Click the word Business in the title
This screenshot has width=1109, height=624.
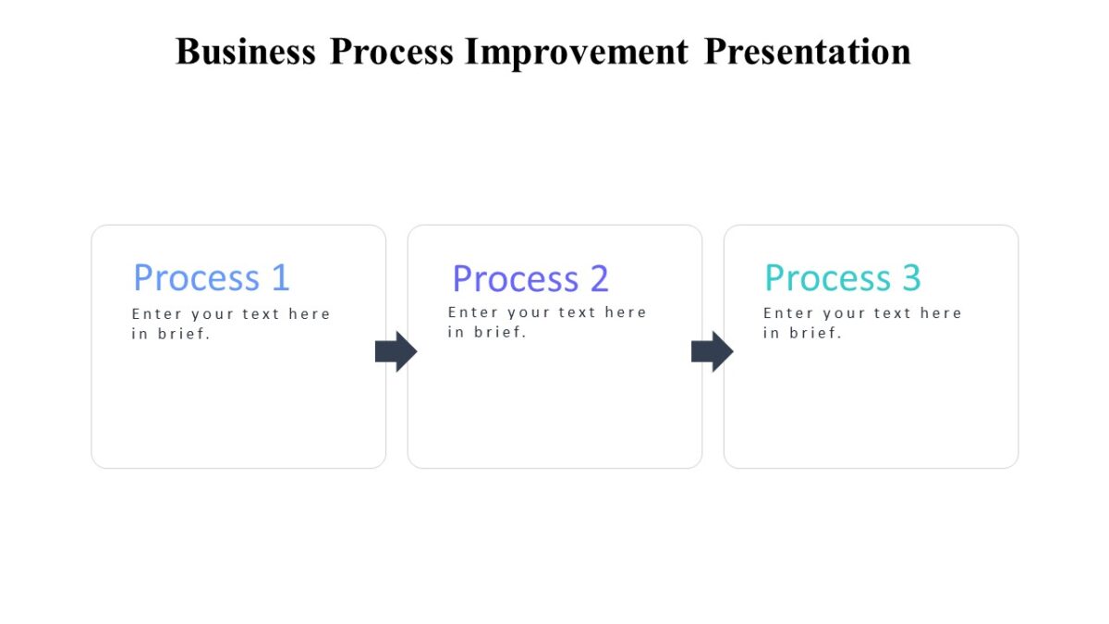(x=245, y=51)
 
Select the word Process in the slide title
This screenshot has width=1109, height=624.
(x=391, y=51)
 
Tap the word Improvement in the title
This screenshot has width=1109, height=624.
(x=576, y=51)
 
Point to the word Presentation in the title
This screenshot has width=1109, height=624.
(x=807, y=51)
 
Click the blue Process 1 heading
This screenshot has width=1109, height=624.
(x=211, y=277)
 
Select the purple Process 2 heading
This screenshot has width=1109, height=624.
(x=530, y=278)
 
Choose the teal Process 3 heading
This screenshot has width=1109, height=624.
(x=842, y=277)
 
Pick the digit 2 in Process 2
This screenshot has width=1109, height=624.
(x=599, y=278)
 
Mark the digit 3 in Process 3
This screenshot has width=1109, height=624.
(x=911, y=277)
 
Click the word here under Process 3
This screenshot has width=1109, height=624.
(x=941, y=313)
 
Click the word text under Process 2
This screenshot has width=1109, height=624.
(x=578, y=312)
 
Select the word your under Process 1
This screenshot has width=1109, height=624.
(x=213, y=315)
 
